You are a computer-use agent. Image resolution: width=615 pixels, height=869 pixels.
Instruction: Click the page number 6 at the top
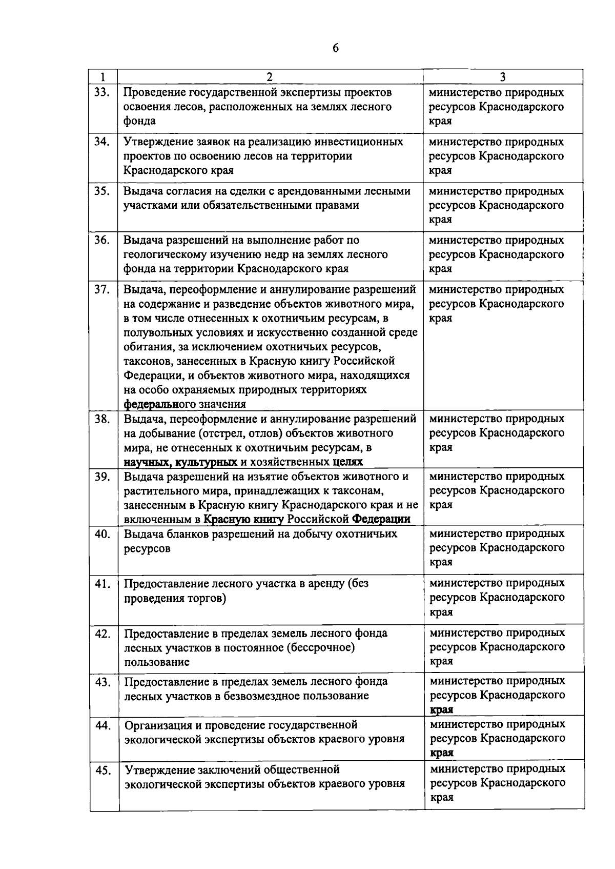tap(336, 48)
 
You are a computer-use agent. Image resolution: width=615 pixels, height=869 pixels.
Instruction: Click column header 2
tap(270, 77)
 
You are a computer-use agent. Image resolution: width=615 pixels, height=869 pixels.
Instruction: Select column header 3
tap(503, 77)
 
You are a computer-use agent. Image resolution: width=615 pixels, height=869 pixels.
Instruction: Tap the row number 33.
tap(102, 92)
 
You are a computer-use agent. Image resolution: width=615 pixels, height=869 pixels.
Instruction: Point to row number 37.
tap(102, 289)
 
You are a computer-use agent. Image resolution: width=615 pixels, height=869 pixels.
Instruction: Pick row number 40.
tap(102, 534)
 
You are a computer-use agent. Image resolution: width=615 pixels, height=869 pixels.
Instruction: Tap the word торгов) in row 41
tap(208, 598)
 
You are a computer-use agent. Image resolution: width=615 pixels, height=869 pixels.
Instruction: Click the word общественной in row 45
tap(301, 770)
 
